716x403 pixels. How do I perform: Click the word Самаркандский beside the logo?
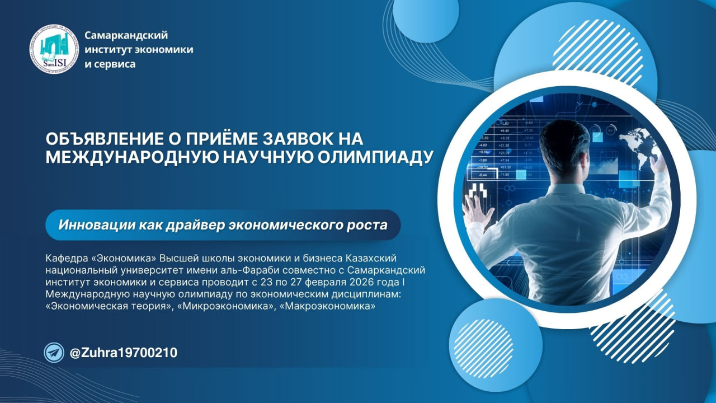(x=126, y=35)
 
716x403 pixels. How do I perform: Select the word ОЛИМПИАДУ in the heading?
(x=387, y=157)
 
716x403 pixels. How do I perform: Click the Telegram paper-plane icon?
(x=54, y=353)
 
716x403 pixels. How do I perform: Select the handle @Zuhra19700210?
(x=123, y=353)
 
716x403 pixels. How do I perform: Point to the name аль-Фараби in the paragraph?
(x=224, y=270)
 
